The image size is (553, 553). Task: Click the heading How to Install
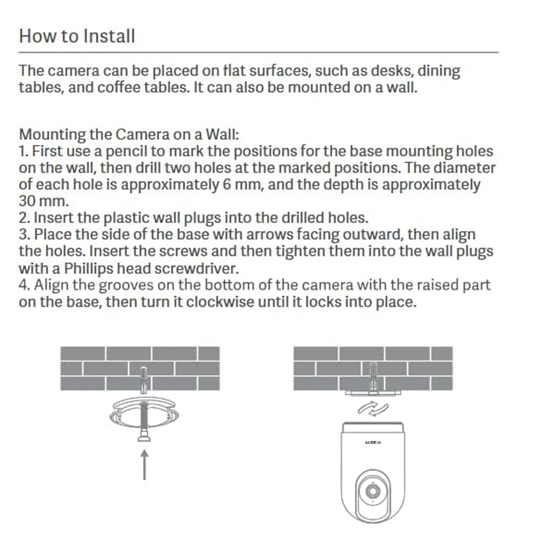tap(77, 36)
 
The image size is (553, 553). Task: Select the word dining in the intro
tap(439, 71)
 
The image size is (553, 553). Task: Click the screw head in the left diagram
tap(144, 437)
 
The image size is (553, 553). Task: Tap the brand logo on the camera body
tap(373, 442)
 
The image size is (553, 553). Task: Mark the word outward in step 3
tap(374, 234)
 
